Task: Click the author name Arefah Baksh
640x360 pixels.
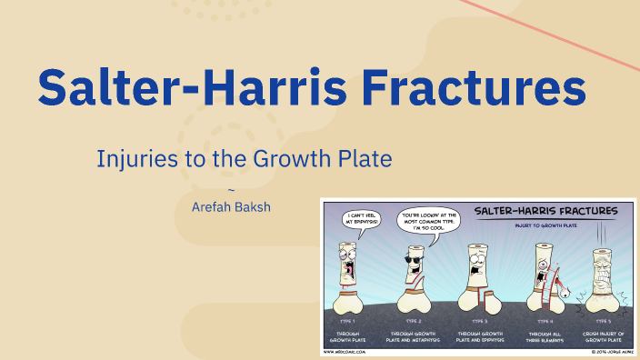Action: [x=231, y=206]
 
